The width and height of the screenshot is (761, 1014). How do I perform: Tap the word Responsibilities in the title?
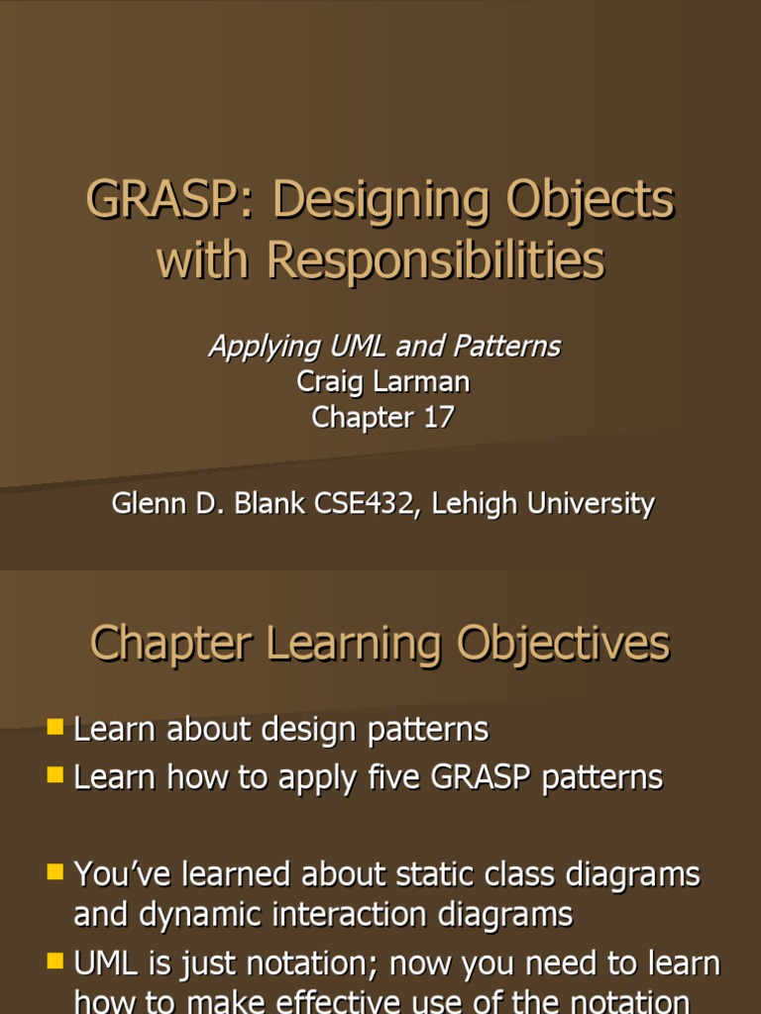click(435, 261)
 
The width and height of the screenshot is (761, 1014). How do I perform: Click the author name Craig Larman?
click(382, 381)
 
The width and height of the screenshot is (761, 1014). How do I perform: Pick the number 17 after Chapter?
click(438, 417)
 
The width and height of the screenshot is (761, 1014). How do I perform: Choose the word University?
click(594, 503)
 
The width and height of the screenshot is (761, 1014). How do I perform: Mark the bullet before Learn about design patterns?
click(55, 729)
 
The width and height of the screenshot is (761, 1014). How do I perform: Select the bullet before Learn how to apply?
click(55, 775)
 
